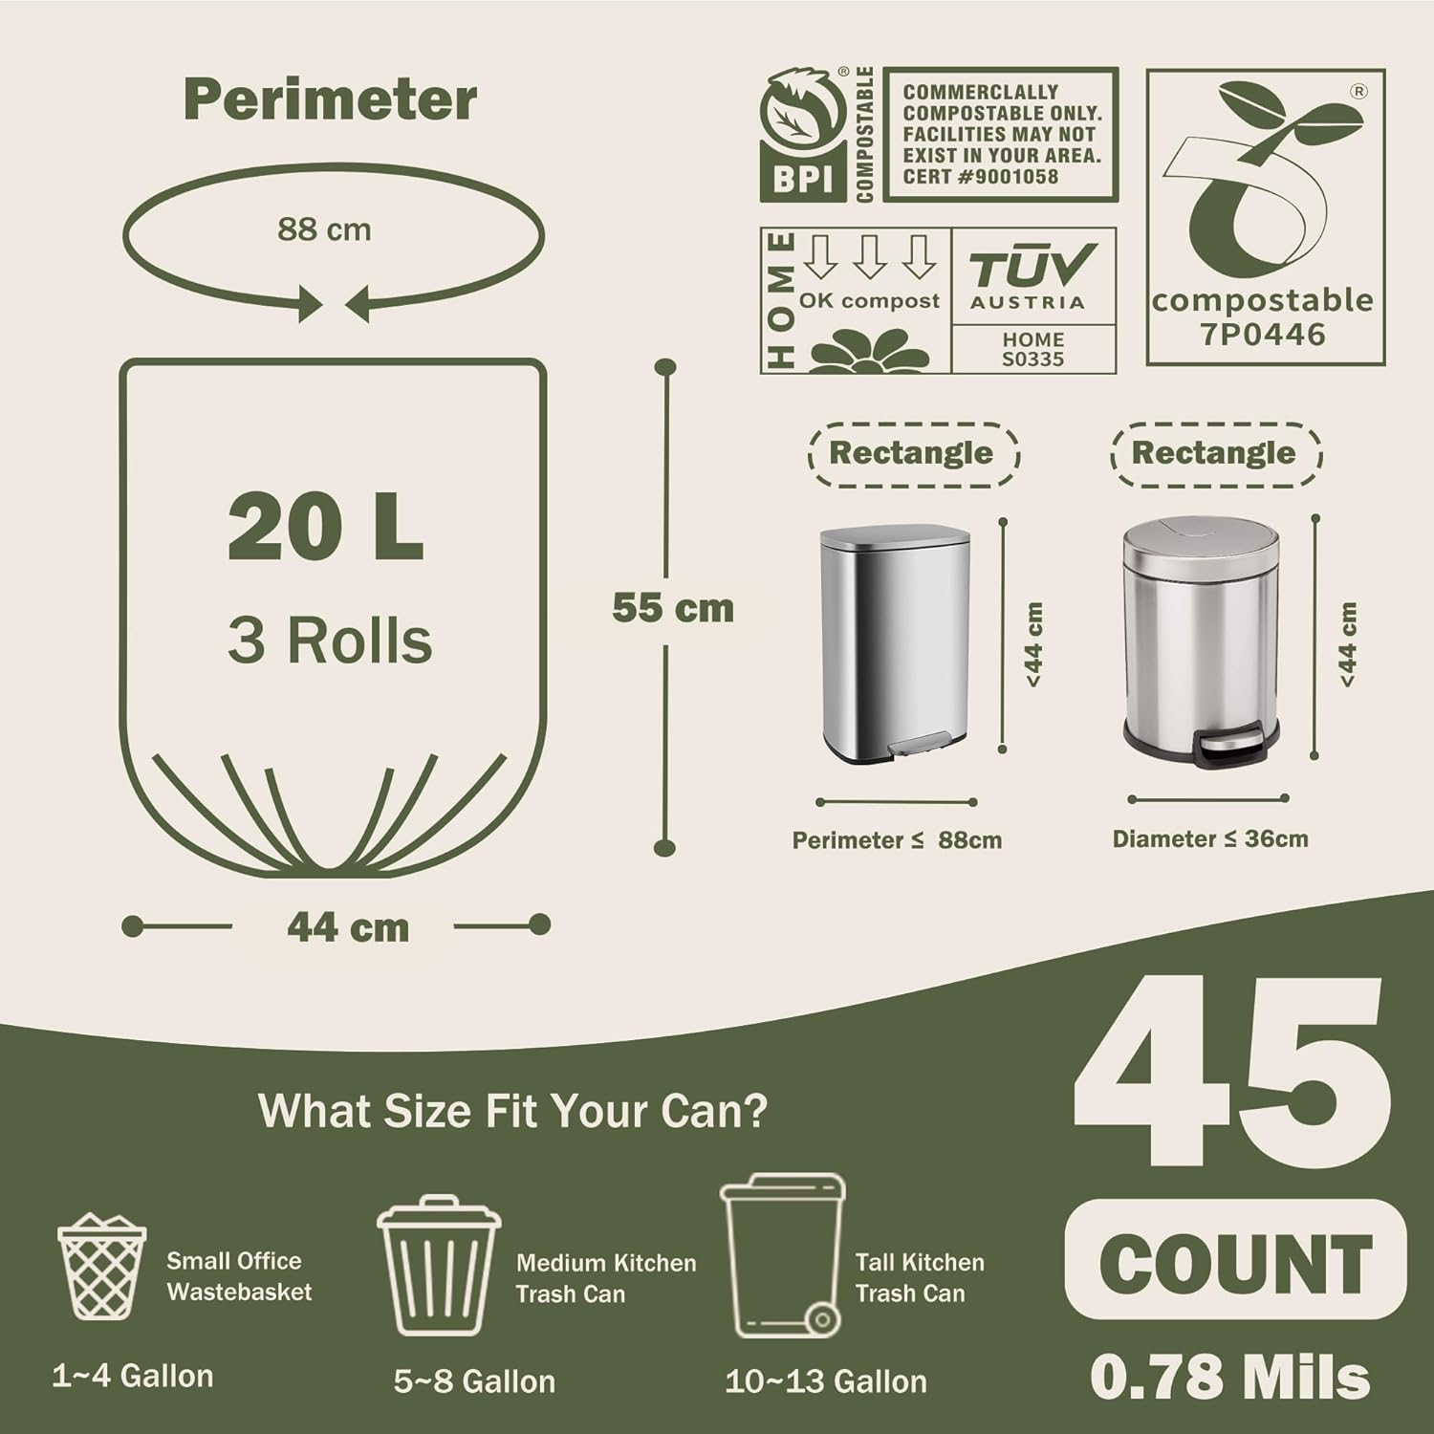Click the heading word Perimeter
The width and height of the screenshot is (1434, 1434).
tap(330, 99)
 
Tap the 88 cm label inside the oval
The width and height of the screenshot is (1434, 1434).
tap(324, 229)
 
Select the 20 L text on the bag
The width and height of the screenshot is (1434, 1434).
tap(325, 529)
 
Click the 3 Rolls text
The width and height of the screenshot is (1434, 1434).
tap(330, 640)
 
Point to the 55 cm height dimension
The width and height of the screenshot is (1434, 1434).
tap(673, 608)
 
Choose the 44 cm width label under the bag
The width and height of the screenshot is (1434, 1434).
tap(348, 927)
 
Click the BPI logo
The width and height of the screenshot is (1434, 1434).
tap(803, 134)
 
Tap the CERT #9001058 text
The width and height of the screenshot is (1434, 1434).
tap(981, 177)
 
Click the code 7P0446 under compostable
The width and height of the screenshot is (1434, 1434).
tap(1263, 335)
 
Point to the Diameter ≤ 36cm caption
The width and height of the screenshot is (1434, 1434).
tap(1209, 839)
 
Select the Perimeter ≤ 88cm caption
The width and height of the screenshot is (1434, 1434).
tap(897, 841)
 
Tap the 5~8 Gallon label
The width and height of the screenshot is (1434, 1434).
tap(474, 1381)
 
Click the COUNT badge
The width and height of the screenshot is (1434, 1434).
tap(1235, 1261)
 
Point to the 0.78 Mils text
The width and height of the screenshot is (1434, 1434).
tap(1230, 1377)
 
